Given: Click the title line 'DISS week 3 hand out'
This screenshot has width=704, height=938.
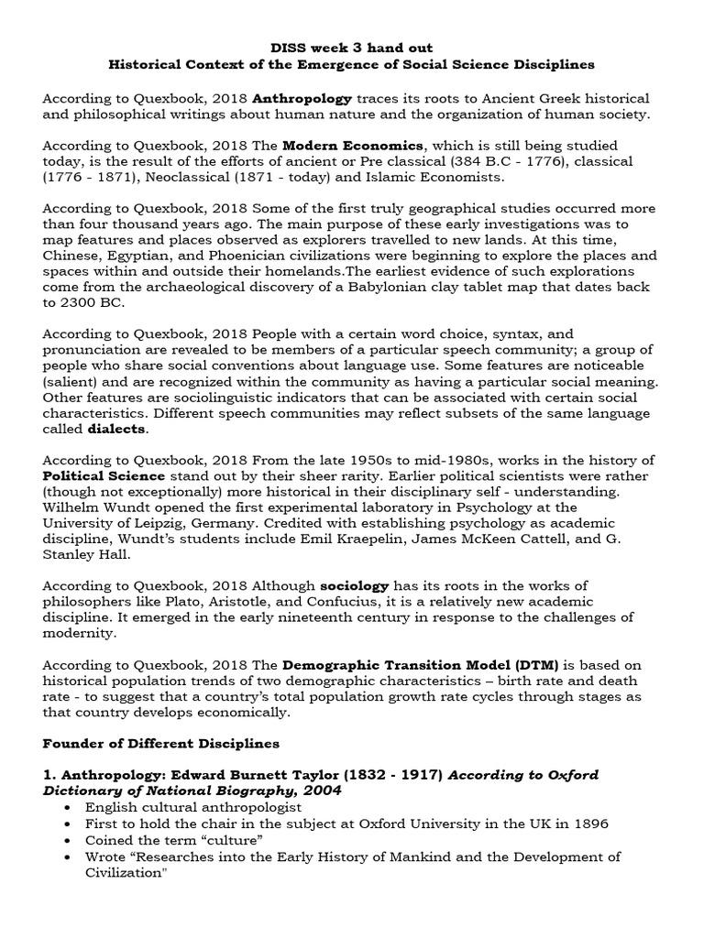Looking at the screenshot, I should tap(351, 47).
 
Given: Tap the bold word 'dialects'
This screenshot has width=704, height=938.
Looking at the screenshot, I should tap(116, 430).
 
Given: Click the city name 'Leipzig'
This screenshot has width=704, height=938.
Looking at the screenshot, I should tap(188, 523).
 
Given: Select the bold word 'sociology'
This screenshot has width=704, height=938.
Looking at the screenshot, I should tap(354, 585).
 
